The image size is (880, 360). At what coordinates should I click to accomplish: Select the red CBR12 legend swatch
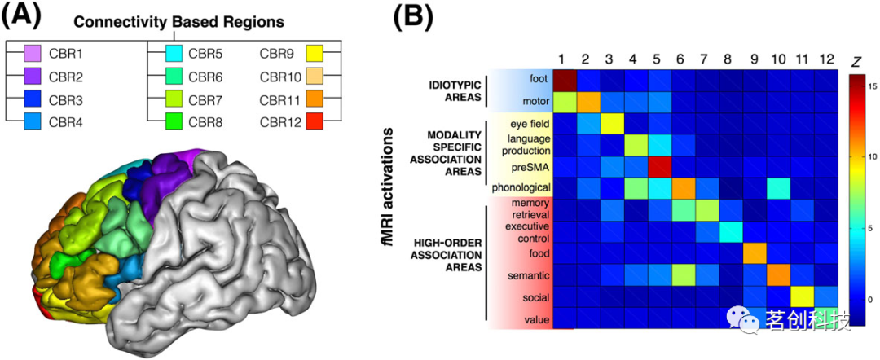coord(314,124)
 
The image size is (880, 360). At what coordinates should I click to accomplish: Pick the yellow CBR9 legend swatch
coord(314,55)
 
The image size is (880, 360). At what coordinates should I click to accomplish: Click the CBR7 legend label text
coord(209,101)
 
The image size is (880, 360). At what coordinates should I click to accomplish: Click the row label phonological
coord(520,188)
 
